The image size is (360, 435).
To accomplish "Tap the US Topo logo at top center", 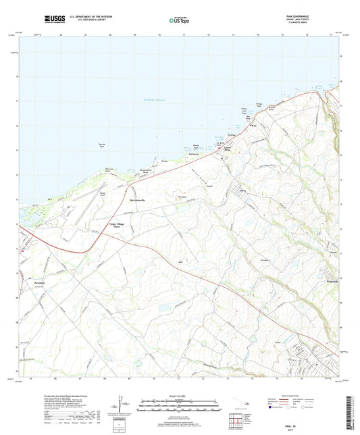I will [x=180, y=21].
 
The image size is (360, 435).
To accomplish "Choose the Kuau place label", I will [x=254, y=126].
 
